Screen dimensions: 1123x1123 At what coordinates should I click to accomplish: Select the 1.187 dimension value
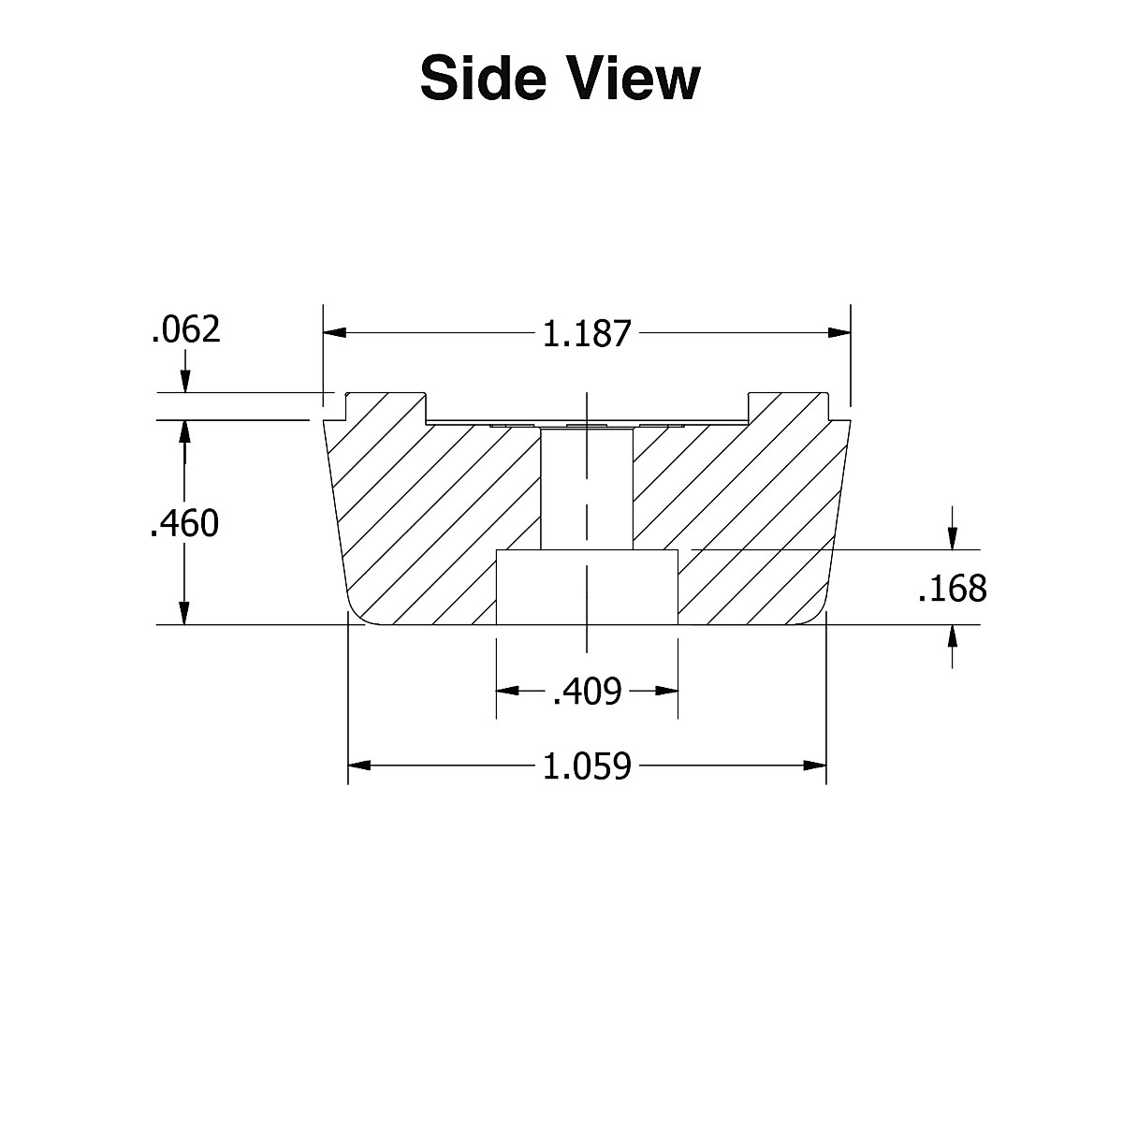point(588,334)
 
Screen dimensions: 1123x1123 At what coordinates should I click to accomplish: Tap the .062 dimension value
point(185,330)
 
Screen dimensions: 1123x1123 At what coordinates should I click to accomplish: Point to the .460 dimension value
point(184,524)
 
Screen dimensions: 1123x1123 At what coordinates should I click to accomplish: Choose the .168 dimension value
point(953,589)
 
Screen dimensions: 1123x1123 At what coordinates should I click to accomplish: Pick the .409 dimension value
point(587,692)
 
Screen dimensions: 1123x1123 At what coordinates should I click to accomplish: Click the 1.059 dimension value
point(588,766)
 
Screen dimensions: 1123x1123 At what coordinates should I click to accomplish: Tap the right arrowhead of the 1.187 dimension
point(839,332)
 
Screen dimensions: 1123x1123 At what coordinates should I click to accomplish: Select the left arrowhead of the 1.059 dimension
point(360,766)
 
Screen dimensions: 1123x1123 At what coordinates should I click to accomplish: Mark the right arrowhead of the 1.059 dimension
point(814,766)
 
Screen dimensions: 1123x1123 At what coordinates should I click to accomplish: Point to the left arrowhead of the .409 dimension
point(507,692)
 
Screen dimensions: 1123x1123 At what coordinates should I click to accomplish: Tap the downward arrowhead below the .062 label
point(185,382)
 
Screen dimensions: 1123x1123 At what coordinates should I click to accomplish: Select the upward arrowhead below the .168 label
point(953,635)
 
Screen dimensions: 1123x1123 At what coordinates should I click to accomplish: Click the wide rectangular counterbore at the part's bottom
point(587,588)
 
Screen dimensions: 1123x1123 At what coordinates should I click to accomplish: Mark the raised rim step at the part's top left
point(386,407)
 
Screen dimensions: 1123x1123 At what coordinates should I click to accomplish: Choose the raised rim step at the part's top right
point(789,407)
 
